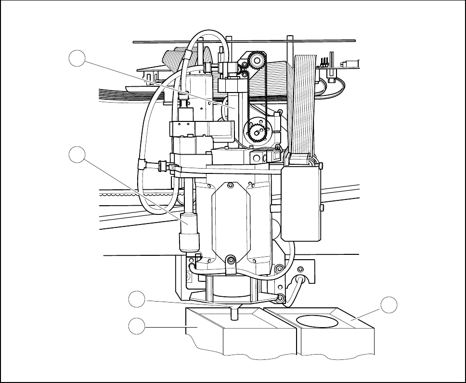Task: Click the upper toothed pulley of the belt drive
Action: (x=256, y=61)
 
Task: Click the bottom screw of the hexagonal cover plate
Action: (x=231, y=260)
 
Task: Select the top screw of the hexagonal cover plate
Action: (x=231, y=185)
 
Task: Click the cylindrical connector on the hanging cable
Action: (x=188, y=231)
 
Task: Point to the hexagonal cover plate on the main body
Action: (x=231, y=222)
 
